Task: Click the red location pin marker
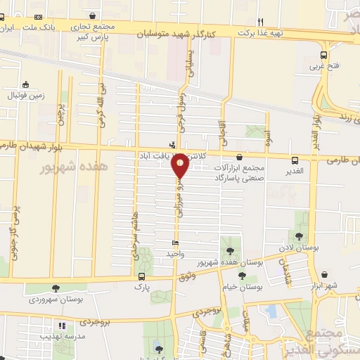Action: tap(180, 166)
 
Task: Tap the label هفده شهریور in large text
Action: tap(73, 167)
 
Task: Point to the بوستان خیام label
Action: tap(242, 288)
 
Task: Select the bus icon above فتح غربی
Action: tap(323, 56)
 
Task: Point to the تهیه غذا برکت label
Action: tap(259, 32)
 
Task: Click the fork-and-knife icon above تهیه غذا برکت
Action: tap(260, 21)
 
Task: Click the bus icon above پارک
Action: tap(143, 276)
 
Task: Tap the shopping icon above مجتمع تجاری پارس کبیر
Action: tap(93, 15)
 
